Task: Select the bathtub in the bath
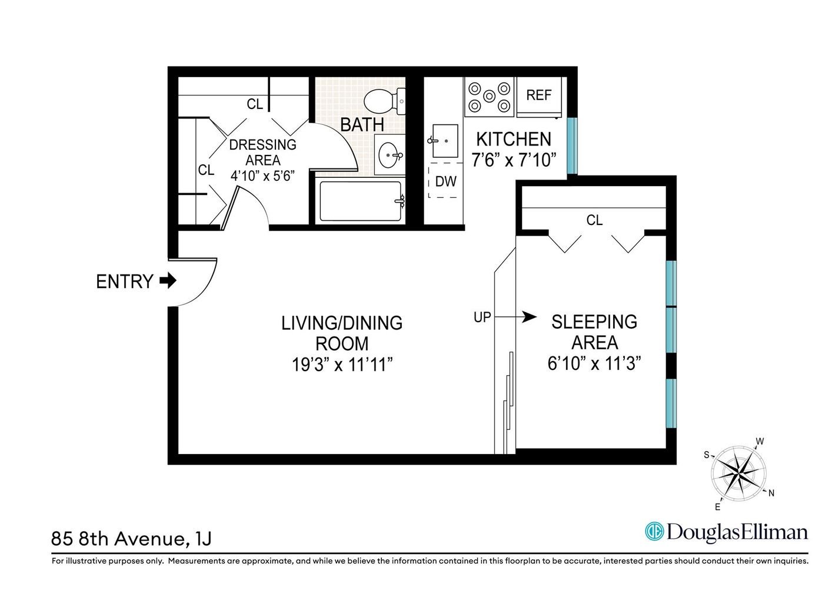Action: point(361,201)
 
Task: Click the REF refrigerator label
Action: point(538,95)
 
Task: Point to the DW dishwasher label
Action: point(446,181)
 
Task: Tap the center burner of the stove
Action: point(489,97)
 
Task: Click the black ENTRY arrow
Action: point(168,281)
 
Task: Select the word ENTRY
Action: point(124,282)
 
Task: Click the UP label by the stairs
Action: point(482,317)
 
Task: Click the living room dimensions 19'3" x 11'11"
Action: point(342,365)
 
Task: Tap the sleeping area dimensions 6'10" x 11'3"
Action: point(594,363)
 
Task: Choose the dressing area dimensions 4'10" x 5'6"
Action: point(262,176)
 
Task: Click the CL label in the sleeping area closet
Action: point(594,220)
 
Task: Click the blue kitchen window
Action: point(573,145)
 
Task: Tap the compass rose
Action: point(738,473)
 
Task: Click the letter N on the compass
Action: point(771,493)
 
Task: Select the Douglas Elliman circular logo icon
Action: point(654,532)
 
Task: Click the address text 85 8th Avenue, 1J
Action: point(131,539)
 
